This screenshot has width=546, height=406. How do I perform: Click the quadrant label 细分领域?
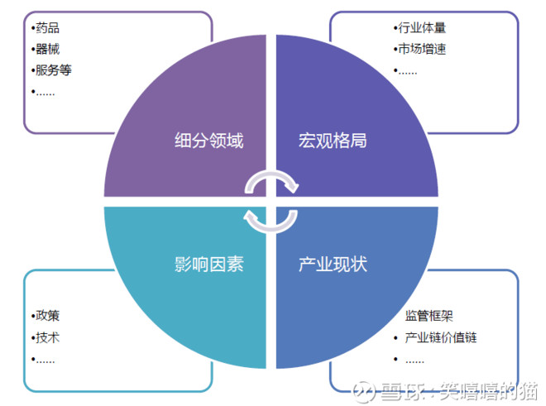209,141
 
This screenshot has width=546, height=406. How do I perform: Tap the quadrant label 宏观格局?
333,141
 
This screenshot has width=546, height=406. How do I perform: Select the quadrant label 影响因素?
209,264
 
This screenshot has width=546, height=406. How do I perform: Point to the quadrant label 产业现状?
333,264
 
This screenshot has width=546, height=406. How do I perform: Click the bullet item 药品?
47,28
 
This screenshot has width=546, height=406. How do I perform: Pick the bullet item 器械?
47,49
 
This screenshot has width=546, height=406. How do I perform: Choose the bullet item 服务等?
53,70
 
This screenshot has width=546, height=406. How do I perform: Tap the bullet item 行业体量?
422,28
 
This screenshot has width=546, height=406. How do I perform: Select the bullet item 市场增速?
422,49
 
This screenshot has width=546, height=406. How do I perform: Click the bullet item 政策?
47,316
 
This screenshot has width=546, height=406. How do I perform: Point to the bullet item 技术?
47,337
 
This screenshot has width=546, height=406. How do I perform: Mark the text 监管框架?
429,316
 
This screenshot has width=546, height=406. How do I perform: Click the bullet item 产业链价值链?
440,337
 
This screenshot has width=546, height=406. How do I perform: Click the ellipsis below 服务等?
45,93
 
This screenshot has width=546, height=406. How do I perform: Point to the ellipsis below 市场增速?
408,73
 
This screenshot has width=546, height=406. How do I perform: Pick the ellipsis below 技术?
45,361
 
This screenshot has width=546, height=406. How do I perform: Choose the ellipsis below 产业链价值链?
414,361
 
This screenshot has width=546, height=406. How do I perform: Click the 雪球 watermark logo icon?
364,392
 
